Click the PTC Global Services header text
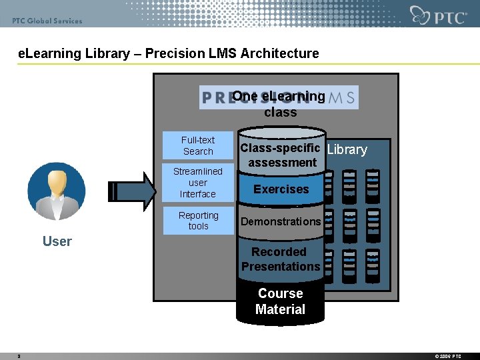(x=47, y=21)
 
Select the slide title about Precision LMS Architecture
(x=169, y=53)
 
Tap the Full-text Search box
(x=198, y=146)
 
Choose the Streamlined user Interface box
(x=198, y=183)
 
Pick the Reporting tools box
(x=198, y=221)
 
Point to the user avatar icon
(x=57, y=191)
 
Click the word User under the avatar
(x=57, y=241)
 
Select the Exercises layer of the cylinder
(x=281, y=189)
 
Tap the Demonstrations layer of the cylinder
(x=281, y=221)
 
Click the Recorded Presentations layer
(x=281, y=259)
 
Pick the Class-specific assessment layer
(x=281, y=155)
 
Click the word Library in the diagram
(x=347, y=149)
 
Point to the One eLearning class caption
(x=279, y=104)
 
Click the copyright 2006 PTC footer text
(x=447, y=356)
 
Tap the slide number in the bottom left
(x=19, y=356)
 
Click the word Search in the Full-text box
(x=198, y=151)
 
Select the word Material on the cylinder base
(x=280, y=309)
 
